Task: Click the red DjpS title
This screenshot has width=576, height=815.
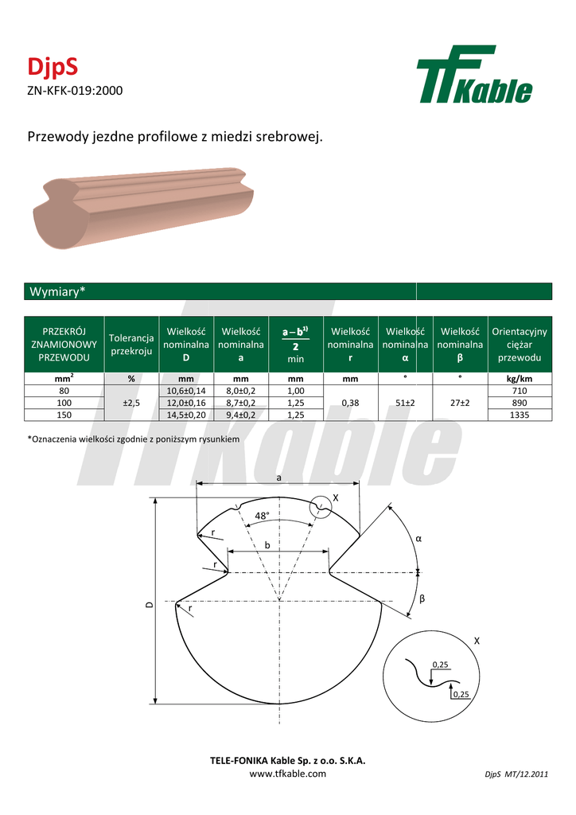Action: click(x=53, y=66)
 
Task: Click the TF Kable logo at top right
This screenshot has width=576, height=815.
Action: click(x=474, y=74)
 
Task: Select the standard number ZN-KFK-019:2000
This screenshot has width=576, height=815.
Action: click(x=75, y=91)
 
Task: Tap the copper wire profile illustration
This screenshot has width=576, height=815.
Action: click(x=143, y=208)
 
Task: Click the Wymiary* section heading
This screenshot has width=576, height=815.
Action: click(x=57, y=291)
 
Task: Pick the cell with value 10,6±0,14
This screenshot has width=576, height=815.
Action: click(x=186, y=391)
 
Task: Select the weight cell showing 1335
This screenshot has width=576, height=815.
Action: click(x=520, y=415)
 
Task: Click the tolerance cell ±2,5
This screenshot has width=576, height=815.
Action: click(x=131, y=403)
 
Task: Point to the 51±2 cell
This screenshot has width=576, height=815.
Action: click(x=405, y=403)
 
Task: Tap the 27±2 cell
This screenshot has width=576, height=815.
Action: click(x=460, y=403)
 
